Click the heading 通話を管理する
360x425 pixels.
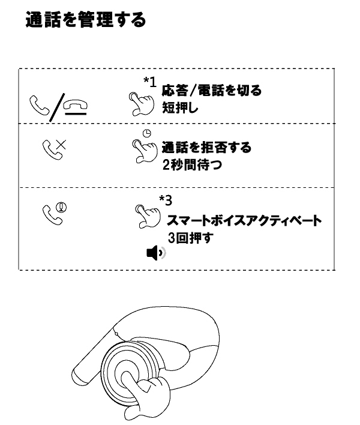(86, 20)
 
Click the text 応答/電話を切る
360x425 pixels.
(212, 91)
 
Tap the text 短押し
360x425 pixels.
(180, 108)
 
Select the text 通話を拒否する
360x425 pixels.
(206, 148)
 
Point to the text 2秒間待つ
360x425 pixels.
(192, 164)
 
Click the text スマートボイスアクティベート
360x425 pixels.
(244, 220)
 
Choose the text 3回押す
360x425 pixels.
(190, 238)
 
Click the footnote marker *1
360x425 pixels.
(150, 82)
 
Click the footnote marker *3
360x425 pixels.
(166, 200)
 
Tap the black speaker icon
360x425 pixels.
(156, 253)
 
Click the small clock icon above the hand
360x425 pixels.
(147, 133)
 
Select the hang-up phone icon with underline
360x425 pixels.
(76, 107)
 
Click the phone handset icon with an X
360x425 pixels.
(54, 149)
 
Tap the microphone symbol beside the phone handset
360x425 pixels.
(61, 208)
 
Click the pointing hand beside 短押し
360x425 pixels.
(141, 104)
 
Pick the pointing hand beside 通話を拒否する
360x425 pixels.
(145, 151)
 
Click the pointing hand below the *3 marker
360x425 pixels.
(148, 216)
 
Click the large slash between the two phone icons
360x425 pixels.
(57, 107)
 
